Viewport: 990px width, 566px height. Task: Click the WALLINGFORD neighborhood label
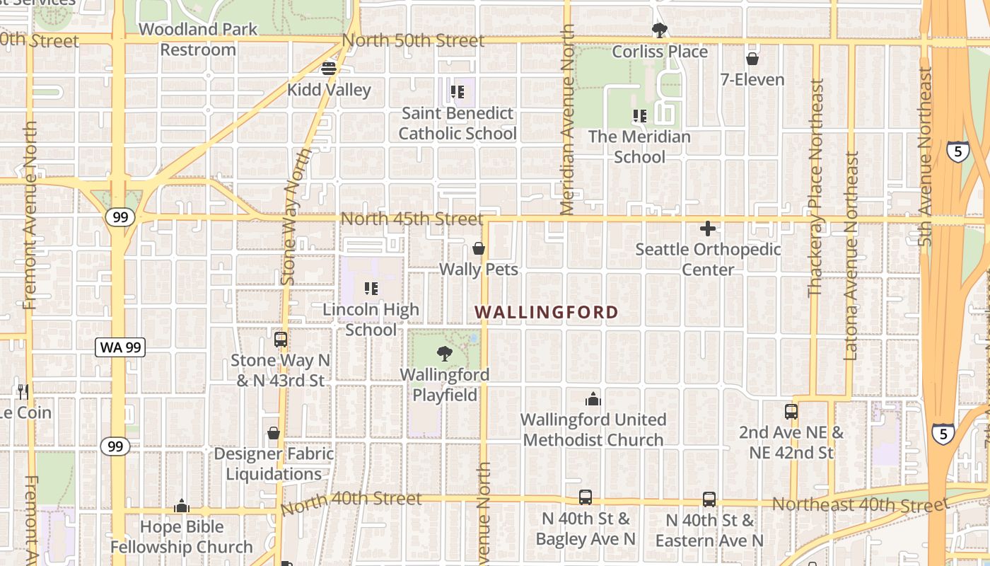click(547, 312)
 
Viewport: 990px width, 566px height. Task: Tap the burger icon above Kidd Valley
click(328, 69)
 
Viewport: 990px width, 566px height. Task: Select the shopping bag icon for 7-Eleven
click(752, 59)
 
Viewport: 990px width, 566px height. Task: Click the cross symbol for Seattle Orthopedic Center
click(707, 229)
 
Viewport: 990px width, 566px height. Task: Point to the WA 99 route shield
click(120, 347)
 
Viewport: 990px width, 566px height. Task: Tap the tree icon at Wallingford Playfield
click(445, 353)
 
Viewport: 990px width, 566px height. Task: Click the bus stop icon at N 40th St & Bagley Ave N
click(586, 497)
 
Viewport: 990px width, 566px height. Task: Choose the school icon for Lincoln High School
click(371, 289)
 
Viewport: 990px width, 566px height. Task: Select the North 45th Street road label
click(412, 219)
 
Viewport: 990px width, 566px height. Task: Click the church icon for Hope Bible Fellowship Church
click(182, 506)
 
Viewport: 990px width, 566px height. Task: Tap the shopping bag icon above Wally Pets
click(479, 248)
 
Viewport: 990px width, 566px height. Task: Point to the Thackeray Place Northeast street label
click(816, 187)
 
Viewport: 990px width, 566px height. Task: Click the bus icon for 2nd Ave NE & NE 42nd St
click(791, 411)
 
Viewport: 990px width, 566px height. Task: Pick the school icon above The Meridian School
click(639, 116)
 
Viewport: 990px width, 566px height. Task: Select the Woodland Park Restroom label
click(198, 40)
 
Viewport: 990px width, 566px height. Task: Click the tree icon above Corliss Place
click(660, 30)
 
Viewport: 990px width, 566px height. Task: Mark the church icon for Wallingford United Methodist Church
click(593, 399)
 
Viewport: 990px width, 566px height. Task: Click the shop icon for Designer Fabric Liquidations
click(274, 433)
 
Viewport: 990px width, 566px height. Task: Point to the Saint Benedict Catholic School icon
click(458, 92)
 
